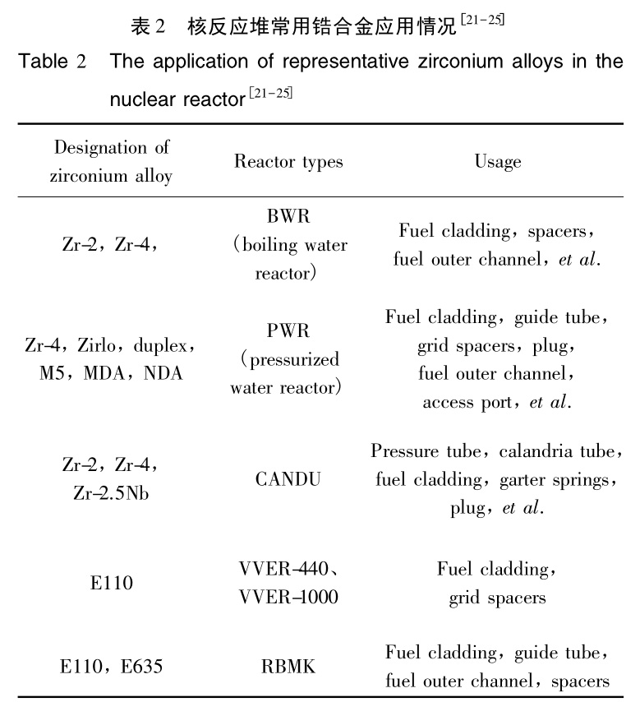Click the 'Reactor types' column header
pos(288,161)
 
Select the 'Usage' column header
pos(497,161)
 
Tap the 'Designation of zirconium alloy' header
pos(112,162)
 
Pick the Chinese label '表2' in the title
pos(149,25)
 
